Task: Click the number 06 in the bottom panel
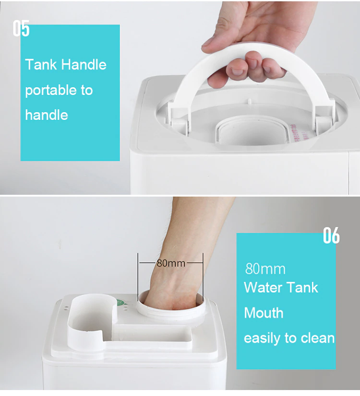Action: click(331, 235)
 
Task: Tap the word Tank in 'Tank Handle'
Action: click(41, 64)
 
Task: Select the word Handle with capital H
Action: click(84, 64)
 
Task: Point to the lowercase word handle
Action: click(47, 115)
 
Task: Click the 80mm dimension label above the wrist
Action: click(171, 263)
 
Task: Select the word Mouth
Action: click(264, 313)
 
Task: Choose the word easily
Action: click(262, 339)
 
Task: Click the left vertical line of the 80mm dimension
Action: click(138, 277)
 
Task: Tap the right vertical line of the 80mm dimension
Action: click(203, 277)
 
